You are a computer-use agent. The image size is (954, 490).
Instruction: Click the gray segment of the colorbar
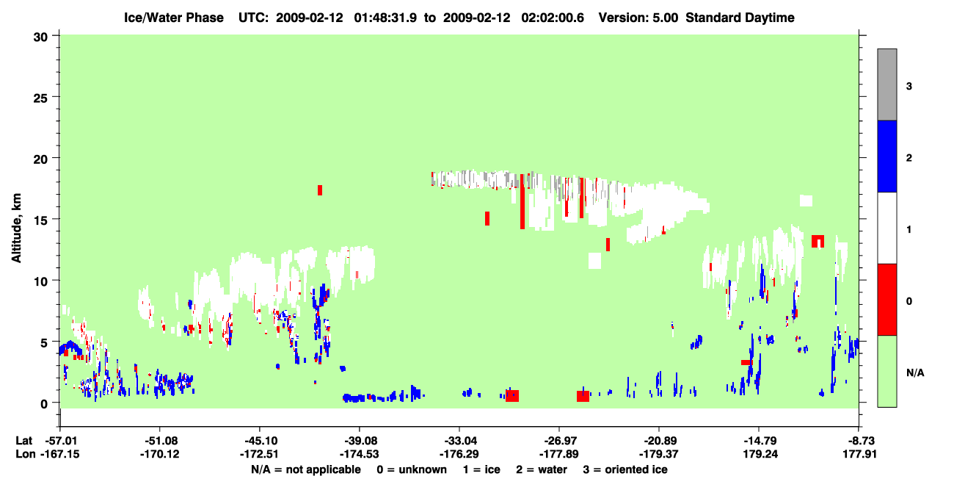(x=886, y=84)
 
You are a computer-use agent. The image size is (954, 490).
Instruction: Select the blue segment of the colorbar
(x=886, y=156)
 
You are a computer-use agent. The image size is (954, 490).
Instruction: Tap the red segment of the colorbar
(x=886, y=300)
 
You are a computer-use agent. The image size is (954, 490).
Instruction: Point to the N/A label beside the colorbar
(x=915, y=372)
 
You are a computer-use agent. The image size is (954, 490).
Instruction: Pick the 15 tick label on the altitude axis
(x=40, y=220)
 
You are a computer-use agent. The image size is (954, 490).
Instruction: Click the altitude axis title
(x=16, y=228)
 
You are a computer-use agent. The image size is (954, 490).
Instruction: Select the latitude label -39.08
(x=360, y=441)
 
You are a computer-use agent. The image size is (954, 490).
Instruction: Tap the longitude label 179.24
(x=760, y=454)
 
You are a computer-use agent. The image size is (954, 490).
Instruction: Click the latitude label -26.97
(x=559, y=441)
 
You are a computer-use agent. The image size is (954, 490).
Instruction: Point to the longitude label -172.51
(x=259, y=454)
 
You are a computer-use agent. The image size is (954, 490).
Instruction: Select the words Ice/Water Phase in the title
(x=174, y=18)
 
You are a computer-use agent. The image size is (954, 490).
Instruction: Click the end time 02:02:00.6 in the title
(x=553, y=18)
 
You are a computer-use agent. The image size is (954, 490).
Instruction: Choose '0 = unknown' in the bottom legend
(x=412, y=469)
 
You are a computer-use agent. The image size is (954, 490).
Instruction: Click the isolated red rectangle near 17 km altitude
(x=320, y=190)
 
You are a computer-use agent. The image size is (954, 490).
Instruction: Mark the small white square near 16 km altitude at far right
(x=806, y=201)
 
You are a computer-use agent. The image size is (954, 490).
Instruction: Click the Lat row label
(x=24, y=441)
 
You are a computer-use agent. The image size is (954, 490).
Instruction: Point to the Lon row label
(x=26, y=454)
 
